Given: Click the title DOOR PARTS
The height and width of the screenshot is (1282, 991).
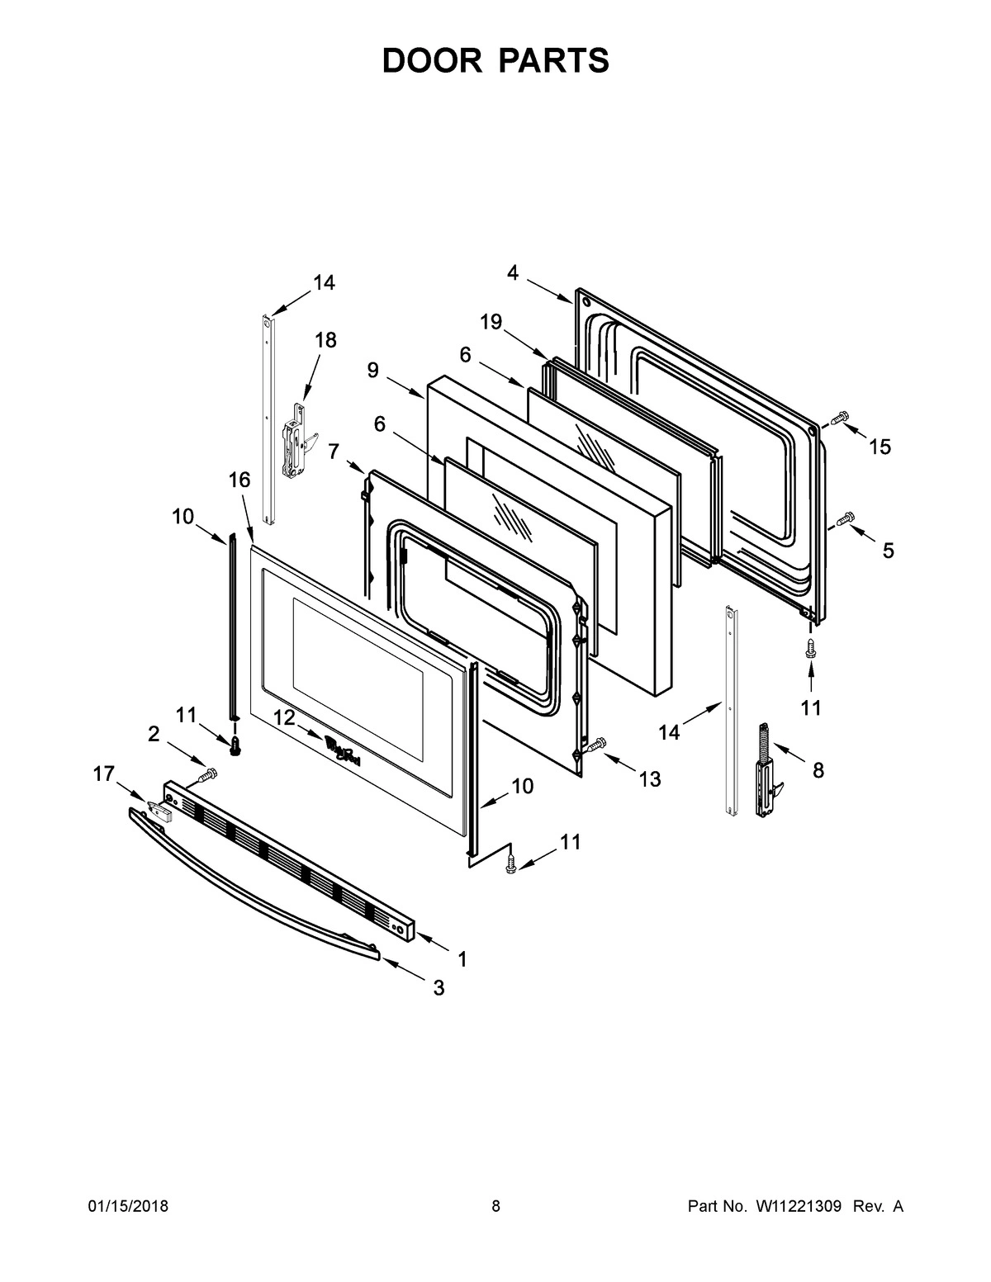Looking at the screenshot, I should tap(495, 61).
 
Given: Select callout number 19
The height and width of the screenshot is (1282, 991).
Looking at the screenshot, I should tap(491, 322).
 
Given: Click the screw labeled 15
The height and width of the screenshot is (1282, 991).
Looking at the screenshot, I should tap(838, 419).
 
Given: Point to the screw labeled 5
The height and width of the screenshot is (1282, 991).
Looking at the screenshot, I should tap(842, 520).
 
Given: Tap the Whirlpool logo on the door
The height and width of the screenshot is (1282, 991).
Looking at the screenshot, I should tap(342, 750).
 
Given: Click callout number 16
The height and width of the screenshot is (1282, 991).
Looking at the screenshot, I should tap(239, 480).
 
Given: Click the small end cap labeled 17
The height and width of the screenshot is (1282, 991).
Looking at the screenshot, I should tap(158, 811).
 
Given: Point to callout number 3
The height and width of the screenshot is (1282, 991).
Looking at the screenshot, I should tap(439, 987).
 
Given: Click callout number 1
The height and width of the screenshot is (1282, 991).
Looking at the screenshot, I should tap(462, 959).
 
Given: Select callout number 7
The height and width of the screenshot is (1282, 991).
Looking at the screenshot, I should tap(334, 451).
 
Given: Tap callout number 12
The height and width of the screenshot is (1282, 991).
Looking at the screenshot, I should tap(284, 717).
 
